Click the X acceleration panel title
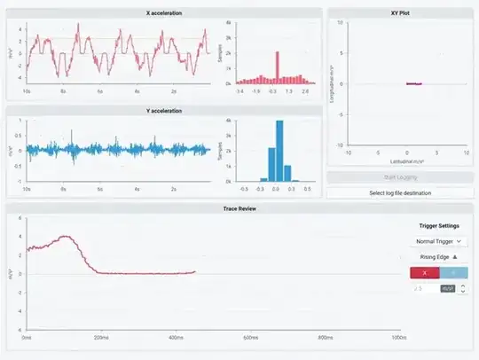click(x=163, y=14)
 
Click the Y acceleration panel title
click(x=163, y=111)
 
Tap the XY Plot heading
click(x=398, y=14)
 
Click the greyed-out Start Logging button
click(x=398, y=178)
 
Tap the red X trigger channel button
click(x=424, y=273)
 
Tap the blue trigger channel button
click(x=453, y=273)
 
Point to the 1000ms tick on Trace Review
click(x=398, y=338)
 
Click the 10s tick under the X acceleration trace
click(x=27, y=91)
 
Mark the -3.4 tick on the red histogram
click(x=240, y=91)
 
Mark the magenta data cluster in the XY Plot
click(x=413, y=83)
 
